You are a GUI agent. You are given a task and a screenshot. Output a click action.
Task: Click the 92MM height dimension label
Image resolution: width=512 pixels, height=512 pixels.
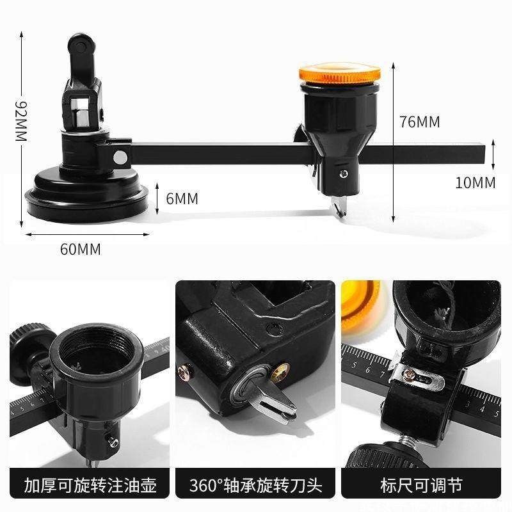pyautogui.click(x=21, y=121)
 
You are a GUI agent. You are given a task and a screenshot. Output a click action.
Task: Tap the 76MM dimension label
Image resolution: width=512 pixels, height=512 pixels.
pyautogui.click(x=419, y=122)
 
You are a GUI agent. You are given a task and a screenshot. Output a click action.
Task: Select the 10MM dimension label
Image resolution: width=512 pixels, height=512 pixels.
pyautogui.click(x=475, y=182)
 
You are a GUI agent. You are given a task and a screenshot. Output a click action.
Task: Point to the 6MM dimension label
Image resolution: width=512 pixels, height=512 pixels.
pyautogui.click(x=182, y=199)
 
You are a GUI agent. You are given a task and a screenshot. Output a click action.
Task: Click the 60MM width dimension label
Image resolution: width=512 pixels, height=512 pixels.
pyautogui.click(x=80, y=250)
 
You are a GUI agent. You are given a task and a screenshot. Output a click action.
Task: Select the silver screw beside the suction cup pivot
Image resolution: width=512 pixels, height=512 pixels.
pyautogui.click(x=119, y=157)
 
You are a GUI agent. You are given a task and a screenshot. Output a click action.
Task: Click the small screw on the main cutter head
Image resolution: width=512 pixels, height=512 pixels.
pyautogui.click(x=344, y=173)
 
